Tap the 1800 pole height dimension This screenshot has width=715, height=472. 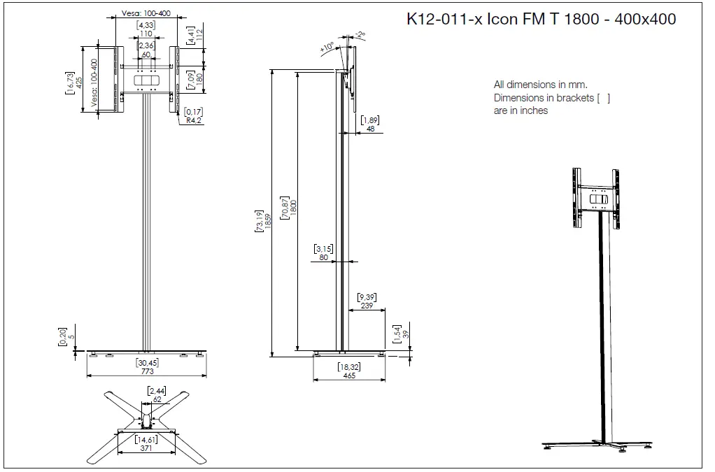[x=293, y=208]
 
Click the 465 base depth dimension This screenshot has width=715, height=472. [x=348, y=376]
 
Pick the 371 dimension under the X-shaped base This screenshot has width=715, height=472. [x=146, y=448]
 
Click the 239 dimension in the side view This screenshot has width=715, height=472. [x=367, y=305]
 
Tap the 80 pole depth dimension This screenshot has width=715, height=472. [x=323, y=257]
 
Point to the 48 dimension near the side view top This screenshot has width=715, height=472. [x=370, y=129]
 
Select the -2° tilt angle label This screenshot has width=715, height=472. [x=360, y=34]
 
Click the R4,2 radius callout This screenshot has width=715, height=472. [x=194, y=120]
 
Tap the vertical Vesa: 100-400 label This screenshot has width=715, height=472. [x=94, y=83]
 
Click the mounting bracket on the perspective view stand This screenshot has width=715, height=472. [x=596, y=198]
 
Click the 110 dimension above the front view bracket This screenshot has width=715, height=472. [x=146, y=34]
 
